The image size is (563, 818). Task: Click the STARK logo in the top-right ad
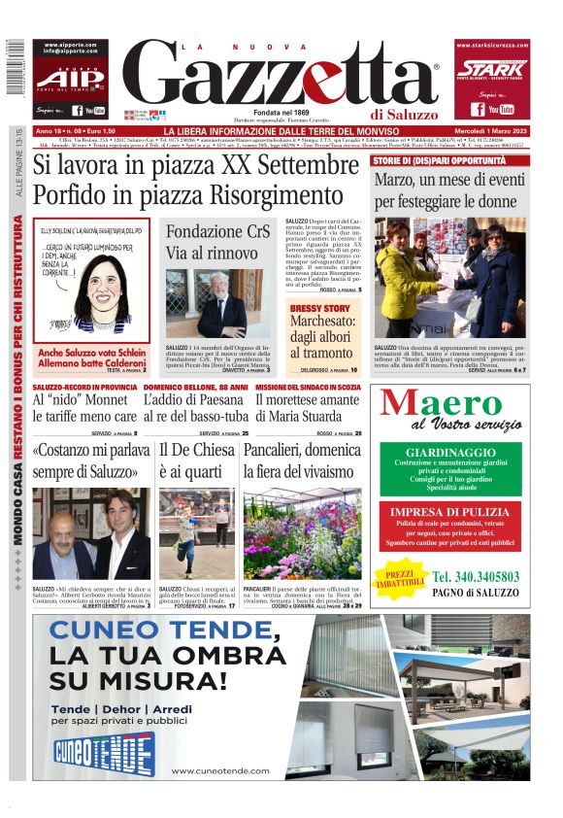pyautogui.click(x=492, y=69)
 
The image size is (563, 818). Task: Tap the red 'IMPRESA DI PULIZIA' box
pyautogui.click(x=450, y=526)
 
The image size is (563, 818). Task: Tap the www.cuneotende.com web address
pyautogui.click(x=226, y=770)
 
